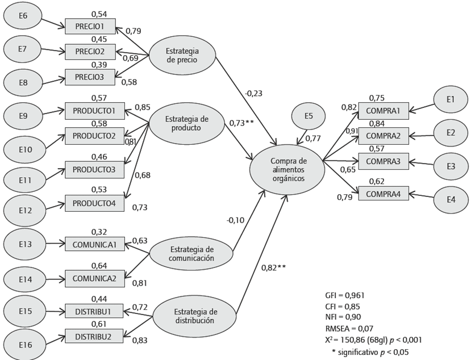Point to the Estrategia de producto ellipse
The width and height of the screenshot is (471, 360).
(186, 123)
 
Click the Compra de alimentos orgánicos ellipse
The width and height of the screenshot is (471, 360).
(287, 169)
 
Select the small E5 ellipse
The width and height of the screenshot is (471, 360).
(309, 116)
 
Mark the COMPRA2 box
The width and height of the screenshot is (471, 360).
(382, 136)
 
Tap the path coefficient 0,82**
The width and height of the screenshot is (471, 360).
(273, 266)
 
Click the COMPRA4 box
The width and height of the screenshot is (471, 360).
(382, 194)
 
